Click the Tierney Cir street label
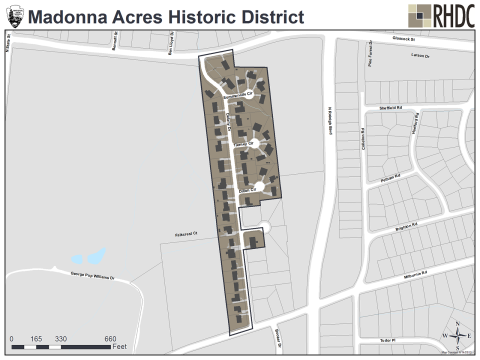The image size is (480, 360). pos(244,146)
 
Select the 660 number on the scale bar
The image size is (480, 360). pos(110,338)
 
